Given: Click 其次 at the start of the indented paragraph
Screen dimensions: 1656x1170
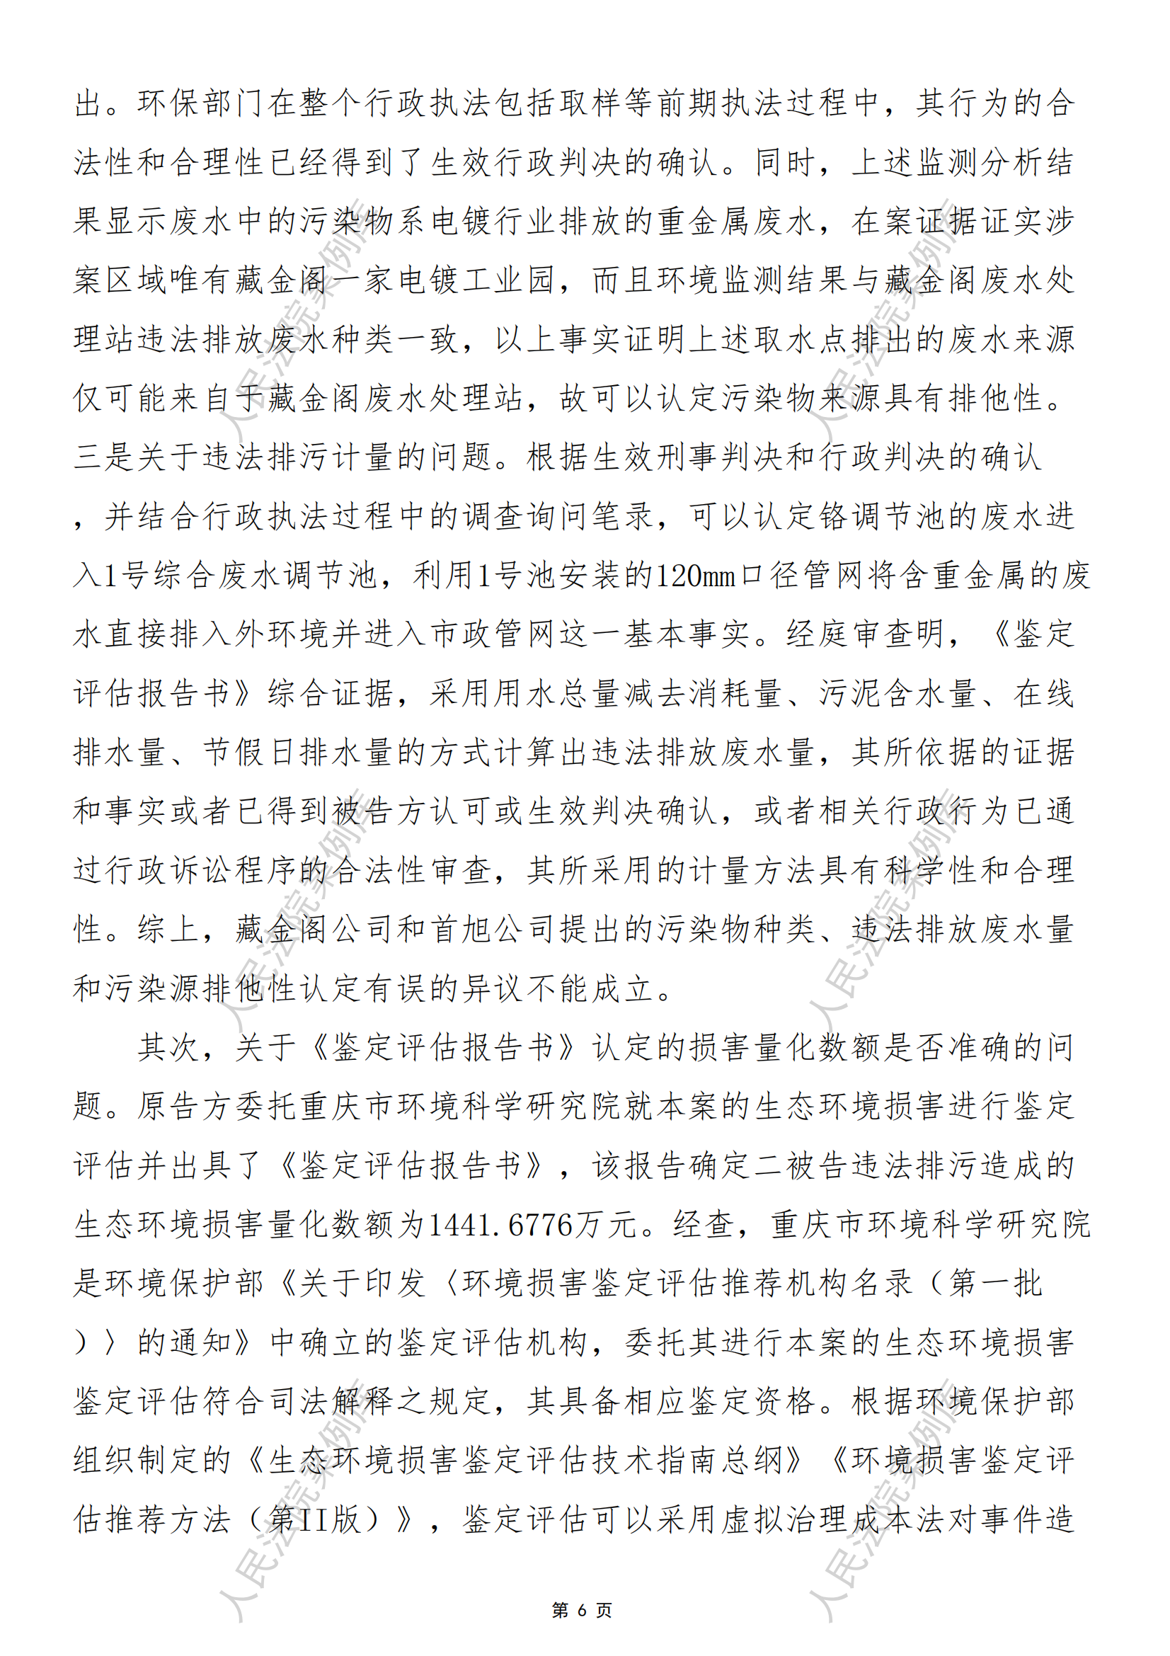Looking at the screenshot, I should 168,1047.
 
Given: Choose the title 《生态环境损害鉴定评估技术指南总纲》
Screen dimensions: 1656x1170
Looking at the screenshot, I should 524,1461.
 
